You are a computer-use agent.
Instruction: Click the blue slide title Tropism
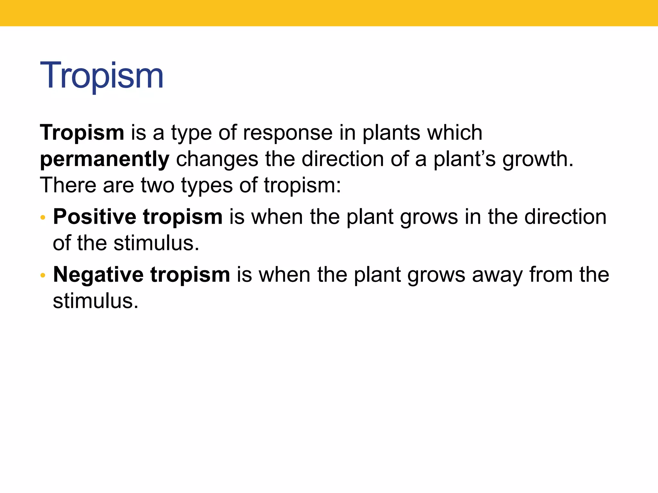tap(102, 76)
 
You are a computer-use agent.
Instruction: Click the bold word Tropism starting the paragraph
tap(82, 133)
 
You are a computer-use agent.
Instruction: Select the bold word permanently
tap(104, 159)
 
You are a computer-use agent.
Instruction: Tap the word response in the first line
tap(288, 133)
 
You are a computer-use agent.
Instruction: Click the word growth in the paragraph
tap(538, 159)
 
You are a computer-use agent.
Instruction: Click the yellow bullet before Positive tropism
tap(43, 218)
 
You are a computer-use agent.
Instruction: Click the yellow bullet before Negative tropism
tap(43, 275)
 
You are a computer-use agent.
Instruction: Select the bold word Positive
tap(95, 217)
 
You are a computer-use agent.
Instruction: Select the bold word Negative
tap(98, 275)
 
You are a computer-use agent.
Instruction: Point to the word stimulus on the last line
tap(95, 301)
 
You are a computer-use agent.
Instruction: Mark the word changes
tap(217, 160)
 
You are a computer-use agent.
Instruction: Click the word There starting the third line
tap(68, 186)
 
